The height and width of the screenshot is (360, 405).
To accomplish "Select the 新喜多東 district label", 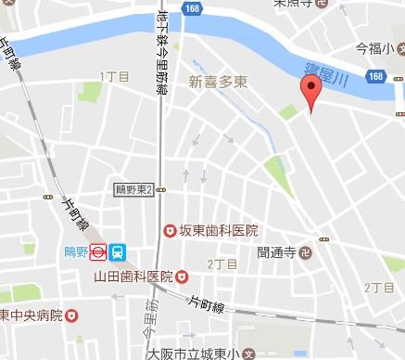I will coord(219,81).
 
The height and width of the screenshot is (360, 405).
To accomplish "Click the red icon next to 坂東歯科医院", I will coord(170,230).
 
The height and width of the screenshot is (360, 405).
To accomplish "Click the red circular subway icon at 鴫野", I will coord(96,251).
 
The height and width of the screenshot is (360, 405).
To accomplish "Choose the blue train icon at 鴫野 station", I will coord(118,251).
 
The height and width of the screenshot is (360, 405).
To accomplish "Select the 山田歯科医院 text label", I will coord(133,276).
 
